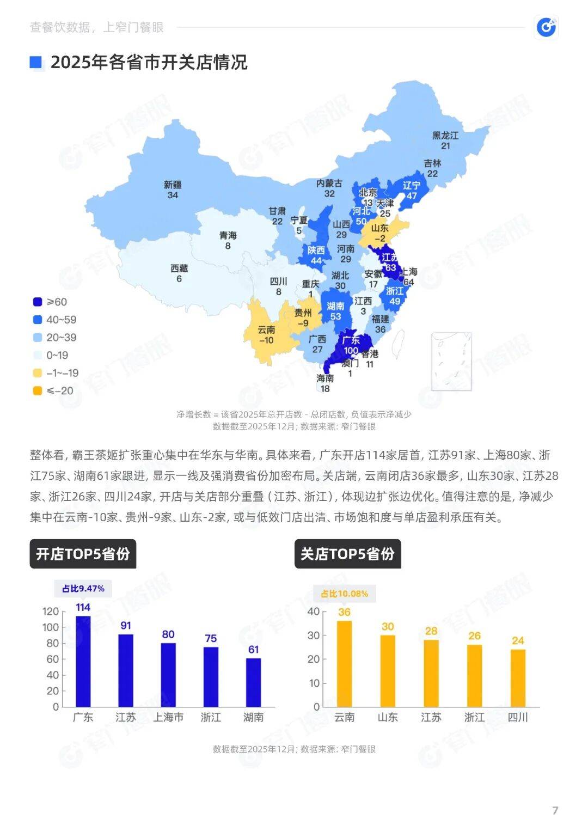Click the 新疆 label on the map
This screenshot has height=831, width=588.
(173, 185)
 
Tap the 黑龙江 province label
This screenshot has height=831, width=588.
(445, 135)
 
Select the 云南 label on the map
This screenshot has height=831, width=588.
(266, 329)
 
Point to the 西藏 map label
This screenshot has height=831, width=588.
(179, 268)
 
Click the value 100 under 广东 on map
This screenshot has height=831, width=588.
(351, 351)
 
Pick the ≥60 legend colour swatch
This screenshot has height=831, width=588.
(38, 302)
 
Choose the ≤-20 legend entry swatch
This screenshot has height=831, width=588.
(38, 390)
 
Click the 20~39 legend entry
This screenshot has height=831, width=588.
(61, 338)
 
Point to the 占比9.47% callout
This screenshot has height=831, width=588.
(83, 588)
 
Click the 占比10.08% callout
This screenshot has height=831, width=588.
(344, 593)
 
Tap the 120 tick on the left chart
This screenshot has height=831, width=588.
(51, 612)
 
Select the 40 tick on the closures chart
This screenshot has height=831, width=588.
(314, 612)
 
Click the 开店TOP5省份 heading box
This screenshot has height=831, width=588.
(83, 554)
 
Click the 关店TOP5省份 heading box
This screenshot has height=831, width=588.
(347, 554)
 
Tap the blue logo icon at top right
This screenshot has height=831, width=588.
(546, 27)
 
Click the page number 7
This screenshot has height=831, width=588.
(555, 810)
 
